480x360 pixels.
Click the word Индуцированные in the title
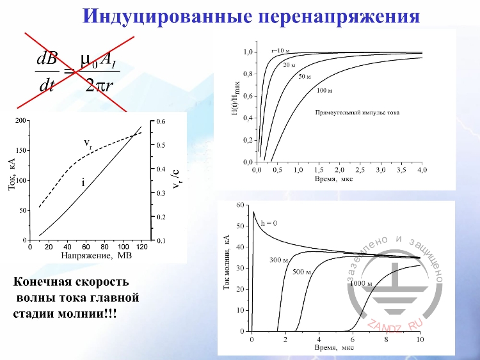(165, 15)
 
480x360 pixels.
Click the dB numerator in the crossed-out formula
(48, 61)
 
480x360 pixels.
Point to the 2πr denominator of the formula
(99, 85)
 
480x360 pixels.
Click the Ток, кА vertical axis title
(12, 180)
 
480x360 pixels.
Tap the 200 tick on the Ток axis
(21, 121)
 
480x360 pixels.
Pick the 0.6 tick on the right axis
(161, 121)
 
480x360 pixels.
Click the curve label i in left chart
(83, 183)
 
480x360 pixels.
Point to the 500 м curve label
(301, 273)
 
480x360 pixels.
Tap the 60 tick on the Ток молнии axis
(241, 205)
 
